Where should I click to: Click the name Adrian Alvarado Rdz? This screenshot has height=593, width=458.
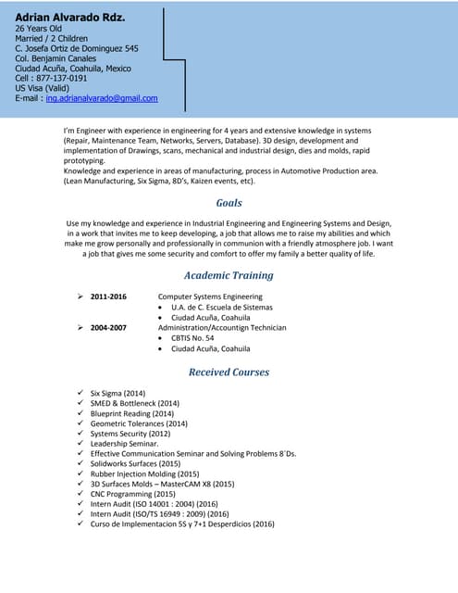[x=69, y=18]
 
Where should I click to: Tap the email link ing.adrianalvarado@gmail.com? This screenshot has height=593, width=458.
[x=102, y=98]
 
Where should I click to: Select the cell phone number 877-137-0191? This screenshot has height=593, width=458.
[x=74, y=78]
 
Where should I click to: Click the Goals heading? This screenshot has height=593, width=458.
[x=229, y=203]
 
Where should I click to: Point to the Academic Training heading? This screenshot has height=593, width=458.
[x=229, y=275]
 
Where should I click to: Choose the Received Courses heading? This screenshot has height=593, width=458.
[x=229, y=372]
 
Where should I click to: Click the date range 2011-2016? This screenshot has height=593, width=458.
[x=108, y=296]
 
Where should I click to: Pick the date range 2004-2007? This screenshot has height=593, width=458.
[x=108, y=327]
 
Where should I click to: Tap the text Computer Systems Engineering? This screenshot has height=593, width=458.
[x=210, y=296]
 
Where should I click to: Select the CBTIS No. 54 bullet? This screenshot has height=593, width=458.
[x=192, y=338]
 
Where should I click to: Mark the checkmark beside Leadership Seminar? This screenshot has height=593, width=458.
[x=81, y=443]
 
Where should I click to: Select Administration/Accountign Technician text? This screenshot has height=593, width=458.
[x=222, y=327]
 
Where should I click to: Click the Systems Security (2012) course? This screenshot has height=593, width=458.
[x=130, y=433]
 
